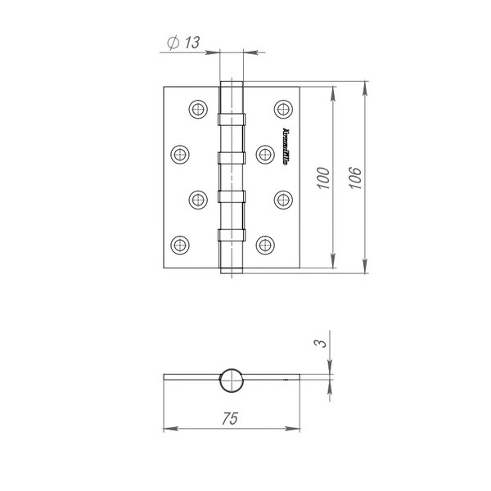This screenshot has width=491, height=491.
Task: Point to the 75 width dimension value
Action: [x=231, y=418]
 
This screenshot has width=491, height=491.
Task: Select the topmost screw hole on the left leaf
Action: [x=196, y=108]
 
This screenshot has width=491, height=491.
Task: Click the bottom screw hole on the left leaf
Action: [x=180, y=242]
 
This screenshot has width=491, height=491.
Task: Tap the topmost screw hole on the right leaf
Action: [x=283, y=108]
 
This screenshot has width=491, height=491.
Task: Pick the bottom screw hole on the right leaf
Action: [x=264, y=242]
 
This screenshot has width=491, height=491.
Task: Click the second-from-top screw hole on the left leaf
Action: [x=180, y=152]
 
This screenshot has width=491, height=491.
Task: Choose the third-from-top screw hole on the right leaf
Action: [x=283, y=197]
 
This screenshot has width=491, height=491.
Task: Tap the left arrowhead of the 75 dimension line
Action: [x=169, y=429]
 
